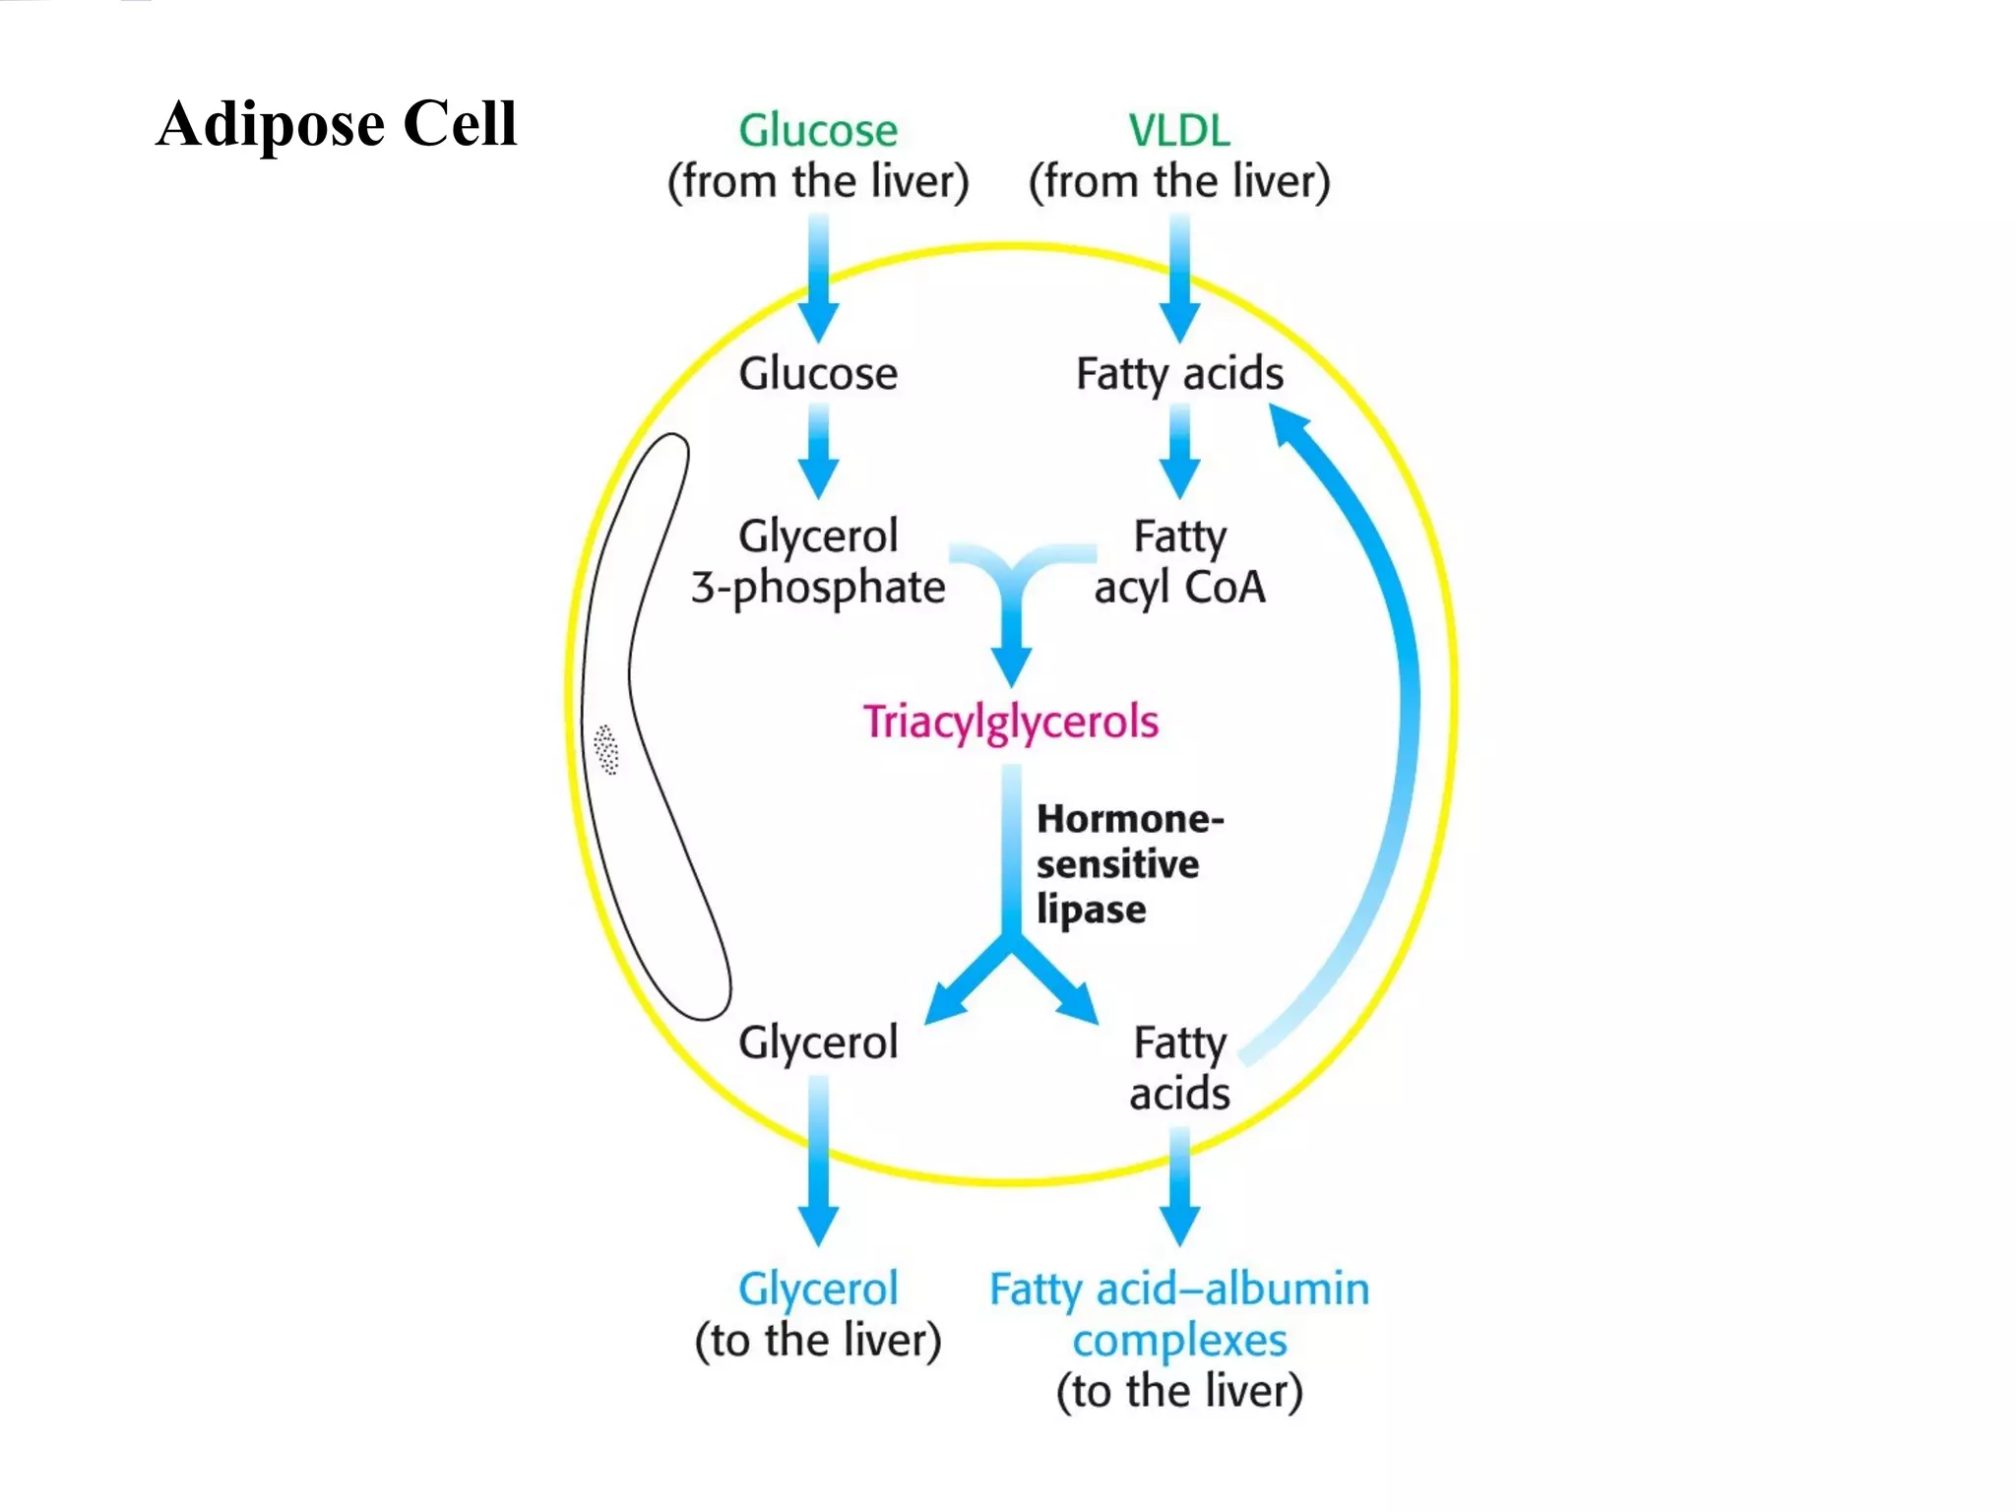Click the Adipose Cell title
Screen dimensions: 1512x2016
tap(336, 124)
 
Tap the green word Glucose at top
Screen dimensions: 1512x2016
tap(818, 131)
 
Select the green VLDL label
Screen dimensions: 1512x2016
tap(1178, 131)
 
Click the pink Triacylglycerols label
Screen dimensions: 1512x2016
tap(1011, 722)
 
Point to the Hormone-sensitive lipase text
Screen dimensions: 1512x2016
tap(1128, 864)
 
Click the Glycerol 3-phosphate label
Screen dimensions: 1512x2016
tap(818, 562)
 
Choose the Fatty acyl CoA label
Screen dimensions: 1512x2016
tap(1179, 562)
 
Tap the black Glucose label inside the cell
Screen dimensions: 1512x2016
tap(818, 374)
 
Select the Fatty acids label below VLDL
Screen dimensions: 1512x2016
tap(1179, 374)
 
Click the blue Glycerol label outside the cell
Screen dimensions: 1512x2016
tap(818, 1289)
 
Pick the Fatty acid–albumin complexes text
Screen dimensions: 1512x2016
tap(1179, 1314)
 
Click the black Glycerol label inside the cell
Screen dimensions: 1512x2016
tap(818, 1042)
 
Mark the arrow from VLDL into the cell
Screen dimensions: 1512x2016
tap(1179, 281)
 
